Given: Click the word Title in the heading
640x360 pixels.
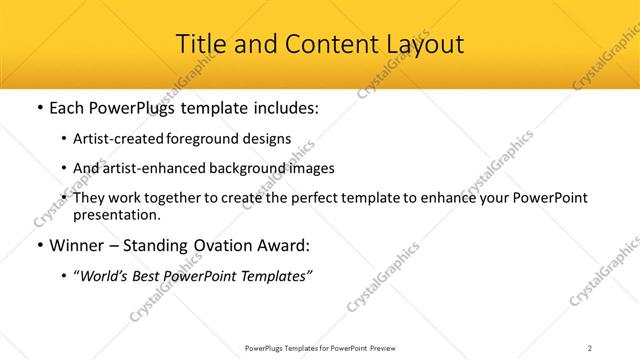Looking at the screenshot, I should tap(199, 44).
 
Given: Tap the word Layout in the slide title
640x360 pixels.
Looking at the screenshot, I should tap(420, 44).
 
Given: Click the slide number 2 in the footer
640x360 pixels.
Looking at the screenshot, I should tap(589, 347).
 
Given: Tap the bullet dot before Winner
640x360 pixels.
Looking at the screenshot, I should tap(39, 245).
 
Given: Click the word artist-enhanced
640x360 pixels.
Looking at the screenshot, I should tap(152, 168).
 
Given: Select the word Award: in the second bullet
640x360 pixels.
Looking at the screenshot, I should tap(284, 245).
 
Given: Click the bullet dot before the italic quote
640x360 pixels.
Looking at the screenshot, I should tap(64, 276).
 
